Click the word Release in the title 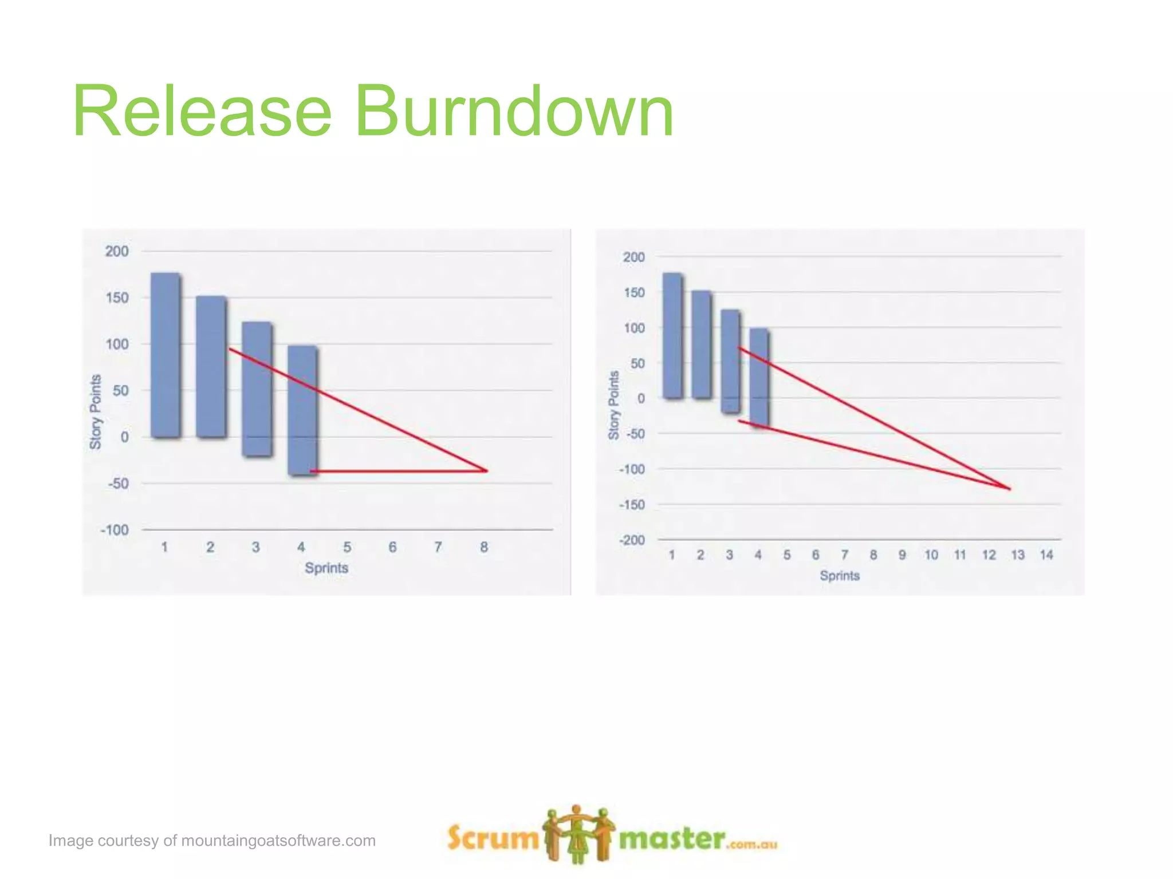click(x=202, y=111)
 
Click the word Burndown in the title click(x=514, y=111)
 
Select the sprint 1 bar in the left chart click(x=166, y=355)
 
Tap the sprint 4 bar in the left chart click(x=302, y=410)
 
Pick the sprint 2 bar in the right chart click(x=701, y=344)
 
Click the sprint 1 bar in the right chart click(x=672, y=335)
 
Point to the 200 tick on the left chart click(x=117, y=251)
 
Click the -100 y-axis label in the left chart click(x=115, y=530)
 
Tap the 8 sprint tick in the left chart click(x=484, y=547)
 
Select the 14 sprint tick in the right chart click(x=1046, y=555)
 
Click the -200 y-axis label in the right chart click(x=632, y=540)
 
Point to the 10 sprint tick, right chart click(x=931, y=555)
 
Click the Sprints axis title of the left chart click(x=326, y=568)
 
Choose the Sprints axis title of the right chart click(x=839, y=576)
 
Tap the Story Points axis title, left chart click(x=96, y=411)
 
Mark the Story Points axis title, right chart click(x=613, y=405)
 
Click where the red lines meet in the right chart click(x=1010, y=489)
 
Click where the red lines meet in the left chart click(x=487, y=471)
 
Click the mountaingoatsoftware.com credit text click(x=212, y=841)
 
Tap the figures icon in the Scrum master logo click(x=578, y=834)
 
